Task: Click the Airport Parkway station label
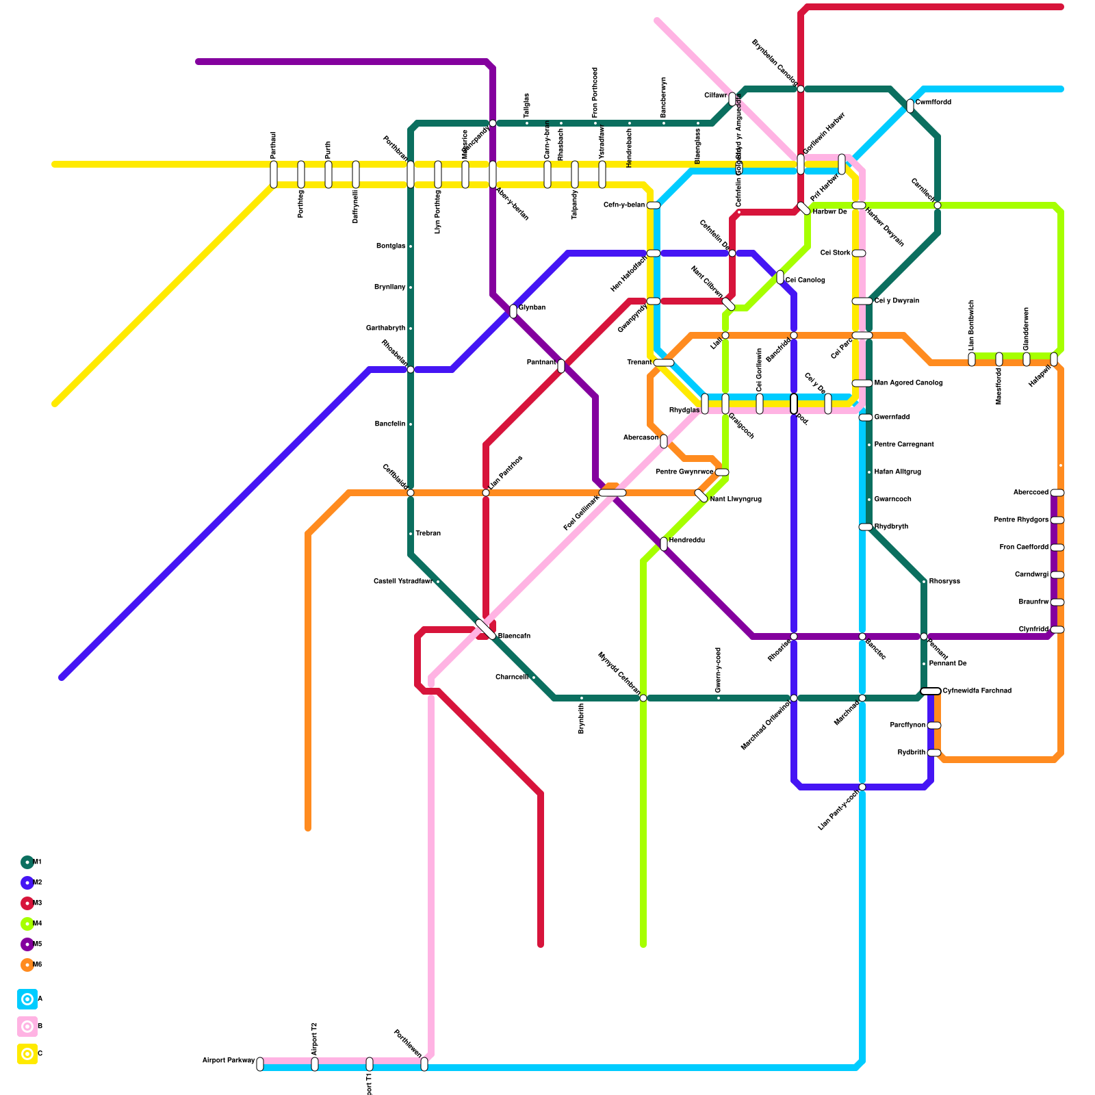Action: [229, 1061]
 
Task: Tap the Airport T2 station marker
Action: [315, 1064]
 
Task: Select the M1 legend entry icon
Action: [27, 862]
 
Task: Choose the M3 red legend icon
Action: [27, 903]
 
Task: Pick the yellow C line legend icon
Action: [27, 1054]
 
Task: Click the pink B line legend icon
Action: [27, 1027]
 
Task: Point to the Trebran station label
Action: [428, 534]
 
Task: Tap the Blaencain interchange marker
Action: [485, 630]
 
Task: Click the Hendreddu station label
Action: [687, 541]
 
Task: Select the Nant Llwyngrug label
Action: [736, 500]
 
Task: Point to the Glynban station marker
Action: [513, 311]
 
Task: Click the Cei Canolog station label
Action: [806, 281]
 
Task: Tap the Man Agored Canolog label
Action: [909, 383]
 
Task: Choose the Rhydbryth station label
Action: [891, 527]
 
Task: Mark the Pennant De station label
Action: [948, 664]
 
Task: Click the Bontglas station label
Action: [391, 246]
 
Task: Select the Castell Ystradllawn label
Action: [402, 582]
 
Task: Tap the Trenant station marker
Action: [664, 363]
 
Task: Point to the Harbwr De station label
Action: [830, 212]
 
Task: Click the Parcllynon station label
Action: [907, 725]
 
